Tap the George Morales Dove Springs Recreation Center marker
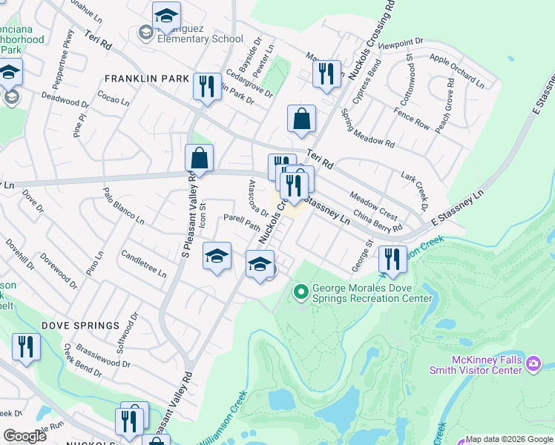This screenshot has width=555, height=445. coord(301,292)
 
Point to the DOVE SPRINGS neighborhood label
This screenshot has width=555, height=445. coord(80,326)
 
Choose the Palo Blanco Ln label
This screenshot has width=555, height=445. coord(123,205)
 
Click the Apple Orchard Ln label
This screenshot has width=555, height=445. coord(456,70)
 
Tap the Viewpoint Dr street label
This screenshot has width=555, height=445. coord(400,44)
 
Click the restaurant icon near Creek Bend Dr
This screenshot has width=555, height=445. coord(26,347)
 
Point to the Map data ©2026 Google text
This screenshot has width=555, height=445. coord(509,439)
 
